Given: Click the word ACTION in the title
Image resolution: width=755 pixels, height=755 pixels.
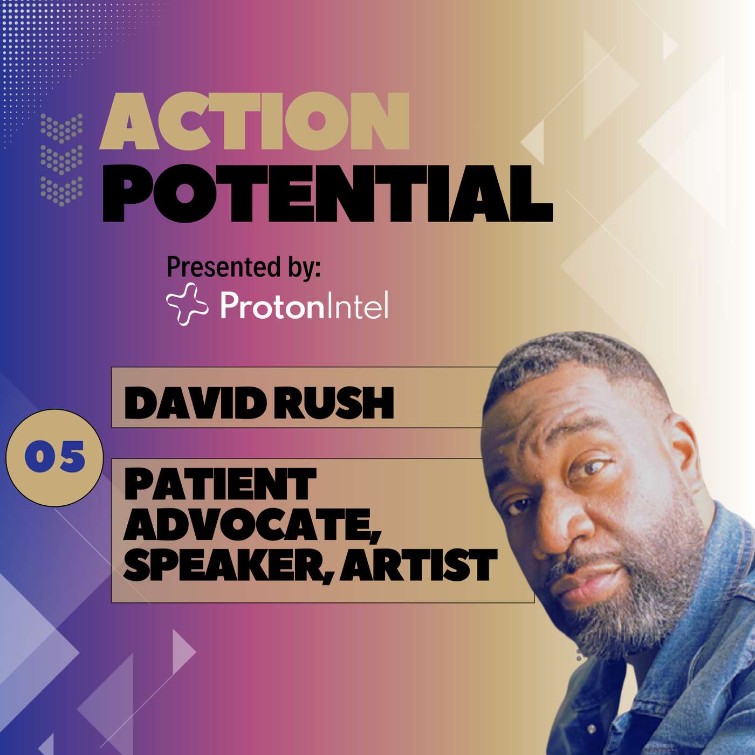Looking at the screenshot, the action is (255, 121).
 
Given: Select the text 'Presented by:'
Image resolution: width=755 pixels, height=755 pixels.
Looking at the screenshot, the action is (244, 267).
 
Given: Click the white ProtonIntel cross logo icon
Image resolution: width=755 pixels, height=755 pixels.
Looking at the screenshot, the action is (187, 305).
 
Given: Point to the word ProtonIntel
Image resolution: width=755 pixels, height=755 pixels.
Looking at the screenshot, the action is (304, 305).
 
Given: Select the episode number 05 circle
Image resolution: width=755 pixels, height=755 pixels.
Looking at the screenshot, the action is (54, 458).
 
